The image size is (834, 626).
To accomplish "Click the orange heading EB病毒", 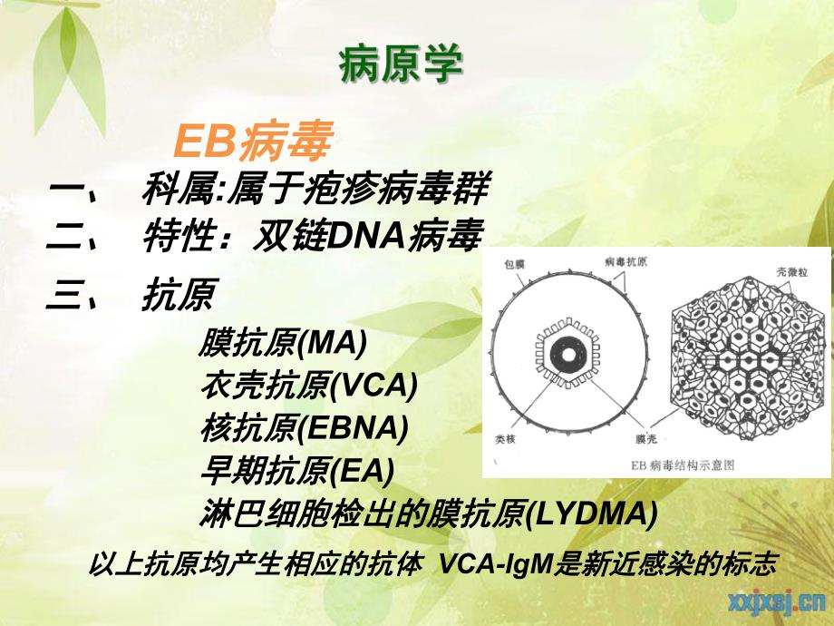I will click(253, 142).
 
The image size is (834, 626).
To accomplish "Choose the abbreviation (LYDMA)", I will click(590, 514).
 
